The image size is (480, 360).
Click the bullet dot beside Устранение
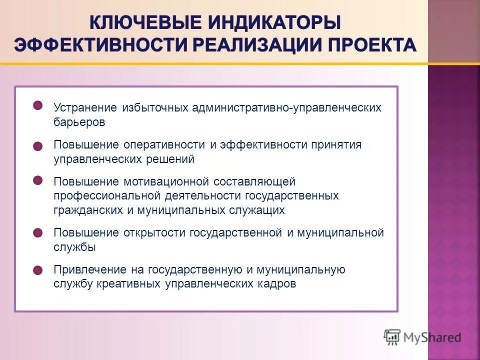(x=38, y=105)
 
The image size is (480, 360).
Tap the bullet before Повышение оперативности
(x=38, y=145)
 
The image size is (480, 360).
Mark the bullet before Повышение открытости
(x=38, y=233)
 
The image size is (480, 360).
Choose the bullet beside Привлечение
(x=38, y=270)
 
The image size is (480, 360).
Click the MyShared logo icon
(x=393, y=337)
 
